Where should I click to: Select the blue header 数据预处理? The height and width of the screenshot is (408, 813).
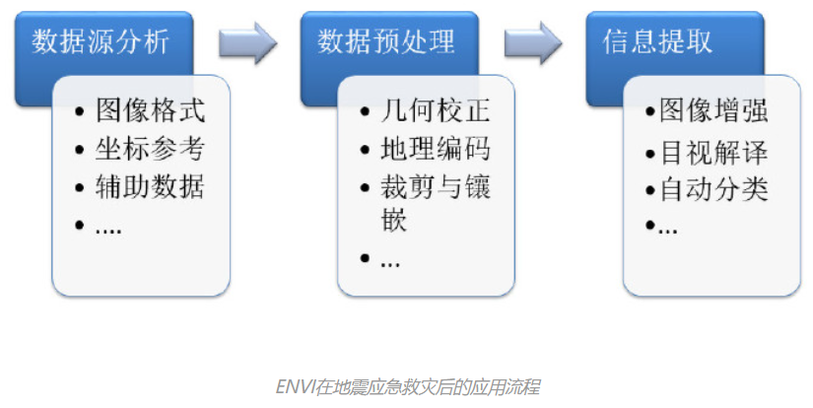click(386, 41)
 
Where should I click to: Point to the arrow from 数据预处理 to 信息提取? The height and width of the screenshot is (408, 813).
click(532, 41)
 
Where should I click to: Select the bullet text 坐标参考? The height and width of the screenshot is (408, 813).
click(151, 148)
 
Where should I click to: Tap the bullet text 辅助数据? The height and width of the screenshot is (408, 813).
click(151, 185)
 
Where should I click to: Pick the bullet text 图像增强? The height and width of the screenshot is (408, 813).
click(713, 110)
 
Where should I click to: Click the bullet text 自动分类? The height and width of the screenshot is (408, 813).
click(713, 188)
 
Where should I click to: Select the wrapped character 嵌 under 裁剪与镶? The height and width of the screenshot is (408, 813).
click(394, 220)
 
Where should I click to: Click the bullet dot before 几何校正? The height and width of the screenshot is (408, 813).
click(366, 111)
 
